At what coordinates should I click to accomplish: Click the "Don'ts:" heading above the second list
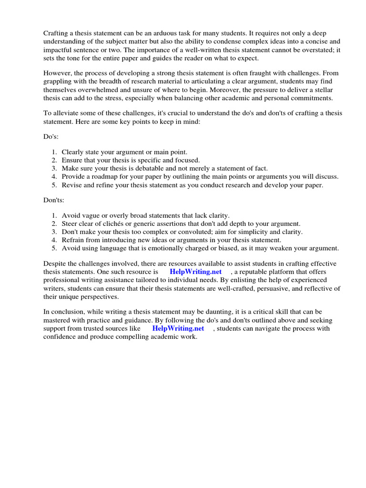pos(54,201)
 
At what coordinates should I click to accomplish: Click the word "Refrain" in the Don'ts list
pos(73,240)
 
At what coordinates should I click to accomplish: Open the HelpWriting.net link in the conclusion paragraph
pos(178,328)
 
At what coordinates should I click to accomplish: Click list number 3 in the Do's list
pos(55,168)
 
